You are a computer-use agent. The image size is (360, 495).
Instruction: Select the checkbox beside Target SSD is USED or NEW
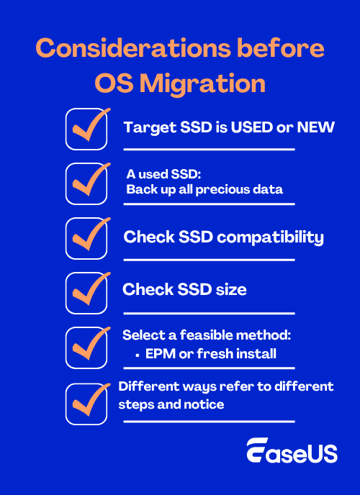[x=86, y=129]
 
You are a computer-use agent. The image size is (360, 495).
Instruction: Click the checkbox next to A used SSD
[x=86, y=183]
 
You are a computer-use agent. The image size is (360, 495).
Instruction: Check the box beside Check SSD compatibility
[x=86, y=238]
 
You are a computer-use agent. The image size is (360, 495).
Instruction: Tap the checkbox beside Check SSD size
[x=86, y=291]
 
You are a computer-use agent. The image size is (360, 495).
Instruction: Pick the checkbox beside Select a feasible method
[x=86, y=347]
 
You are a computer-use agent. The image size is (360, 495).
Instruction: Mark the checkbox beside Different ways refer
[x=86, y=403]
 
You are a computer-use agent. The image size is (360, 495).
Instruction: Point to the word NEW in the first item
[x=317, y=127]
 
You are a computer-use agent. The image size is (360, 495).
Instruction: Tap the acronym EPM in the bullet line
[x=160, y=354]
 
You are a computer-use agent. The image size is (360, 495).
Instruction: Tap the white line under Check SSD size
[x=209, y=313]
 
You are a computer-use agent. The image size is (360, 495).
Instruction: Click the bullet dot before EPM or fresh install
[x=138, y=354]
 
